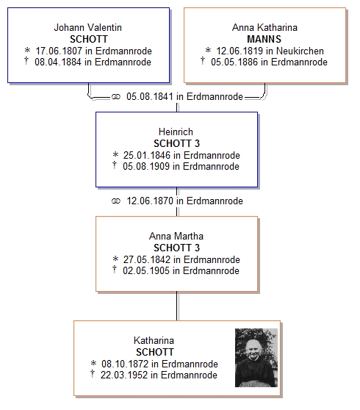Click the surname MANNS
point(264,39)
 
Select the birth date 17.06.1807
point(59,51)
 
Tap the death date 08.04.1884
point(58,62)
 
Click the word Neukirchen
point(300,51)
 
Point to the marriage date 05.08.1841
point(150,96)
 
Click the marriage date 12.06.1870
point(150,201)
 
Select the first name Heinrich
point(176,132)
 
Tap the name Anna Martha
point(176,236)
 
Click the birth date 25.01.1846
point(147,155)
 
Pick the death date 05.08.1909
point(146,166)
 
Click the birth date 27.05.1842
point(147,259)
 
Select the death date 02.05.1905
point(146,270)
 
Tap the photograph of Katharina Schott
point(256,358)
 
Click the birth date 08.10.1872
point(125,364)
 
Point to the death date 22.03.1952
point(124,375)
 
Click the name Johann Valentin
point(88,27)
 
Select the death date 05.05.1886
point(234,62)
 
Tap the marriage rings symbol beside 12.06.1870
point(116,201)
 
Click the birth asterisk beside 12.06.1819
point(208,50)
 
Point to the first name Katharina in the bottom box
point(154,340)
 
